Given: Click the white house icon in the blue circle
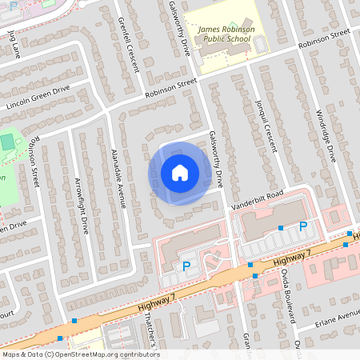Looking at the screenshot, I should click(x=180, y=173).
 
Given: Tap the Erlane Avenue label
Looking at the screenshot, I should click(x=338, y=316).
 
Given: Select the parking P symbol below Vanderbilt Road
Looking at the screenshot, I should click(x=302, y=227).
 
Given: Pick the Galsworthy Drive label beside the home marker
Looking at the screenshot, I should click(x=215, y=159).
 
